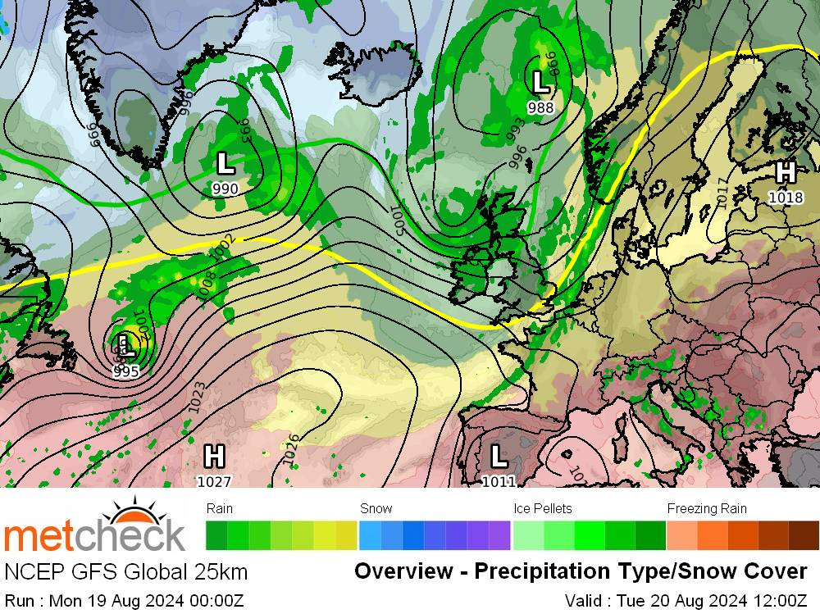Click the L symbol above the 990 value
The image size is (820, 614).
(225, 163)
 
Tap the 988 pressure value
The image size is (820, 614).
(540, 107)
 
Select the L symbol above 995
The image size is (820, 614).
(125, 344)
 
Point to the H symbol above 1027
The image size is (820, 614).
(214, 456)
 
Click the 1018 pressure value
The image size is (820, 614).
(785, 197)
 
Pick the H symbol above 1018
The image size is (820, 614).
(785, 172)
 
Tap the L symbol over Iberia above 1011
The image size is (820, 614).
(499, 455)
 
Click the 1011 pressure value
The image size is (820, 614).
(499, 481)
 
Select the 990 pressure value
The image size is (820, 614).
(225, 189)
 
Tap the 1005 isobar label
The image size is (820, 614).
(399, 219)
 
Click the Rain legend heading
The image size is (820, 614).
(220, 509)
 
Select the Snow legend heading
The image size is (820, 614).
(376, 509)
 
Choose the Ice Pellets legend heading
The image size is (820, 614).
(542, 509)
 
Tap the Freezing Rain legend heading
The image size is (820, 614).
(707, 509)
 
